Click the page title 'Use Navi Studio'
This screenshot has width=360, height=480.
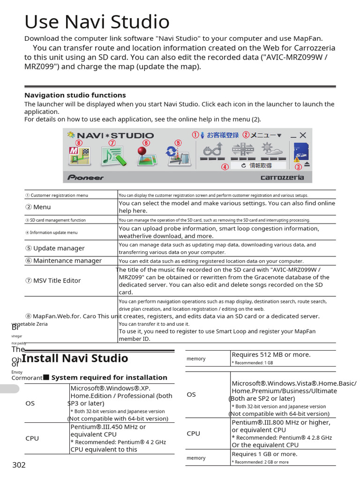[x=97, y=22]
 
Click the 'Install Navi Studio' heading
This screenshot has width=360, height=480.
[x=75, y=359]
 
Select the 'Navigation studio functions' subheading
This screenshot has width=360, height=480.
[x=75, y=95]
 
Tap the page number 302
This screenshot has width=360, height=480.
[x=19, y=465]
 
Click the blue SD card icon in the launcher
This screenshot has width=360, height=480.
[x=300, y=151]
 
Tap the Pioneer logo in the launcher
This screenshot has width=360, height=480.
[x=85, y=178]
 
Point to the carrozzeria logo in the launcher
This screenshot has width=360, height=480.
[x=282, y=178]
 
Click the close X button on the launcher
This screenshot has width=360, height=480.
[x=303, y=135]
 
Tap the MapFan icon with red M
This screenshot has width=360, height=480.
[x=78, y=156]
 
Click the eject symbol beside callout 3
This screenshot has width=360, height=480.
[x=307, y=164]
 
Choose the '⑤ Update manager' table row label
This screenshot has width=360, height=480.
[x=54, y=248]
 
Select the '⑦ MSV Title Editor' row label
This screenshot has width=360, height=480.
[x=52, y=281]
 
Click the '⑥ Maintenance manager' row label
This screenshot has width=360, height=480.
[x=63, y=261]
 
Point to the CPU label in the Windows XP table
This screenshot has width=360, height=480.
[x=32, y=438]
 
